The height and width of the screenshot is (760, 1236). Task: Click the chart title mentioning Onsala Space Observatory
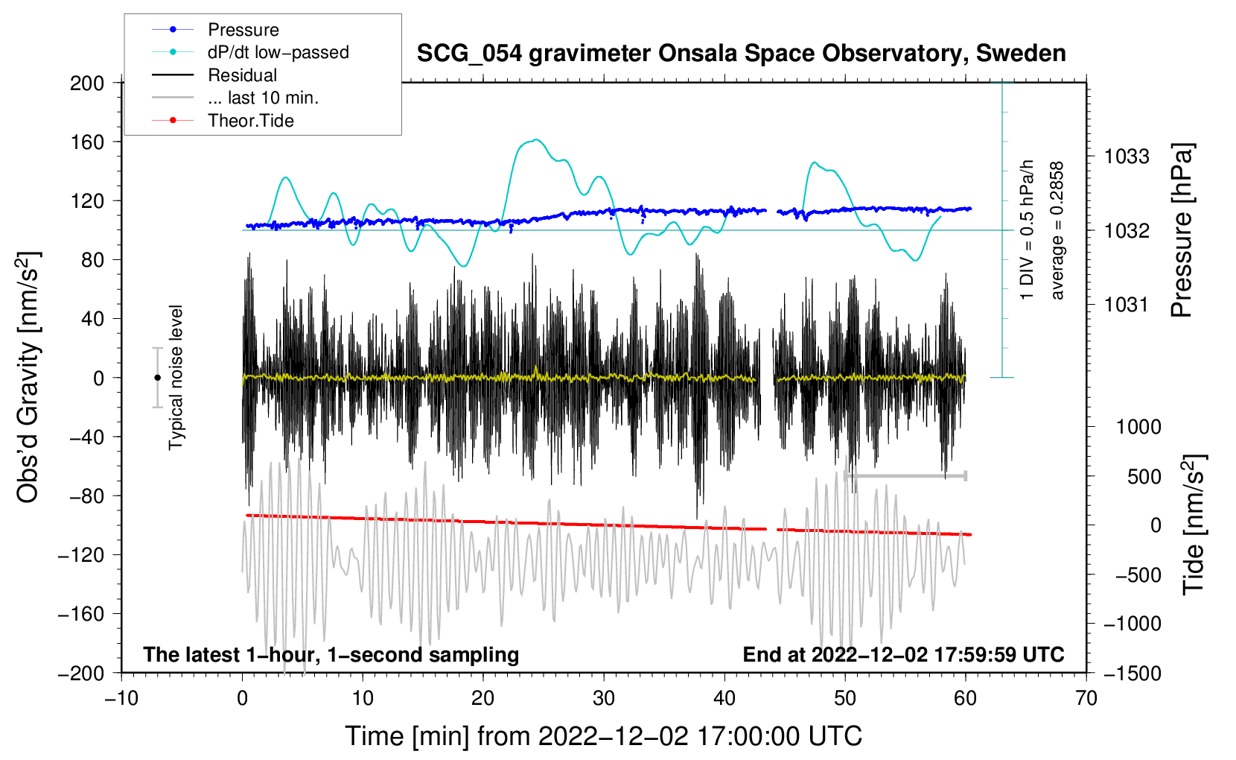(741, 54)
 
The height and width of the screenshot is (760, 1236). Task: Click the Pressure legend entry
(243, 30)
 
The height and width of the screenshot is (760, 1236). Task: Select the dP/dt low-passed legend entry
(278, 52)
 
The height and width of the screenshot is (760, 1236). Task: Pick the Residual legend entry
(242, 75)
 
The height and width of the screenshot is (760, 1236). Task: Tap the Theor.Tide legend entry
(250, 121)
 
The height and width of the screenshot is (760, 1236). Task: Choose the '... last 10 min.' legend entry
(263, 98)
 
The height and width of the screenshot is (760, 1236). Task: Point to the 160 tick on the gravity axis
(87, 142)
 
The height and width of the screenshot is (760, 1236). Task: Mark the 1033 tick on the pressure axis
(1127, 156)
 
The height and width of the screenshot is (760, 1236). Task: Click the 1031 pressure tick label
(1127, 304)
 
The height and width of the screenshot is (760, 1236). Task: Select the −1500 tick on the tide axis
(1132, 673)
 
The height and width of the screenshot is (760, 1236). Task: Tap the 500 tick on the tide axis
(1144, 476)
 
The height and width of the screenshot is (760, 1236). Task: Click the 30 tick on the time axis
(604, 698)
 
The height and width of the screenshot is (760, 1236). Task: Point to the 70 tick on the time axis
(1086, 698)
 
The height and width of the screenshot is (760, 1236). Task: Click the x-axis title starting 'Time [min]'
(603, 736)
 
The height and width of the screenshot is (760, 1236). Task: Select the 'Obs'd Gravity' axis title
(28, 378)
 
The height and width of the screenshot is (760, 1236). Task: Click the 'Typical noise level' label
(176, 378)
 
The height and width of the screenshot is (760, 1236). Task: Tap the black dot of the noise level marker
(157, 378)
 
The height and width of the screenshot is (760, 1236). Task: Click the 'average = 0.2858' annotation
(1057, 231)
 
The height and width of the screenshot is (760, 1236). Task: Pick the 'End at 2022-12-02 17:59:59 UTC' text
(903, 654)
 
